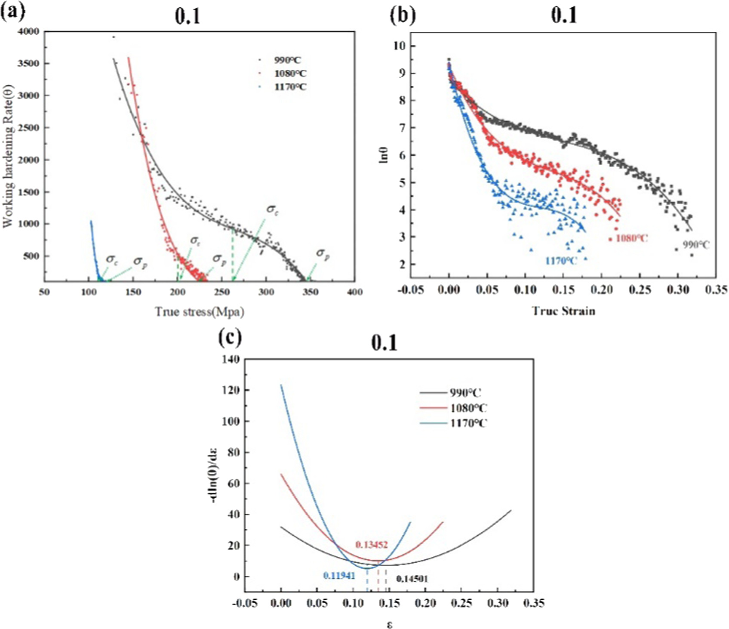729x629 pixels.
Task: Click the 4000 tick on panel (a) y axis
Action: (x=28, y=31)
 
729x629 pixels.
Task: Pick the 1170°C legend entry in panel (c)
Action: (x=468, y=423)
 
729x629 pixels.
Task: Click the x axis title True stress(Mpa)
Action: (x=200, y=311)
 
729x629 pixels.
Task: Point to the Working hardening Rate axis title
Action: (x=8, y=156)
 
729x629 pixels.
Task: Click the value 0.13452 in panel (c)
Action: (x=372, y=545)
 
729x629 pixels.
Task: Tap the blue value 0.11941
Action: (x=339, y=576)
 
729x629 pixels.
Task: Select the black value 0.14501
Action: (x=412, y=579)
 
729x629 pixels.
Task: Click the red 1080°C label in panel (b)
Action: (x=631, y=238)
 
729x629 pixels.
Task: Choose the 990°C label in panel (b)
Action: (x=696, y=245)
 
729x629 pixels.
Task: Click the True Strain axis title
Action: (x=563, y=311)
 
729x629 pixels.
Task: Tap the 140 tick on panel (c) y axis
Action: (x=231, y=359)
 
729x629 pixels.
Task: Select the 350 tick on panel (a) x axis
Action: (x=310, y=292)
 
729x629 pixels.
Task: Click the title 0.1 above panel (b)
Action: (x=564, y=15)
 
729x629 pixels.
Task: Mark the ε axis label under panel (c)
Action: (x=389, y=624)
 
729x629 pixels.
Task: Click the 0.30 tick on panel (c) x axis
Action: (x=498, y=603)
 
